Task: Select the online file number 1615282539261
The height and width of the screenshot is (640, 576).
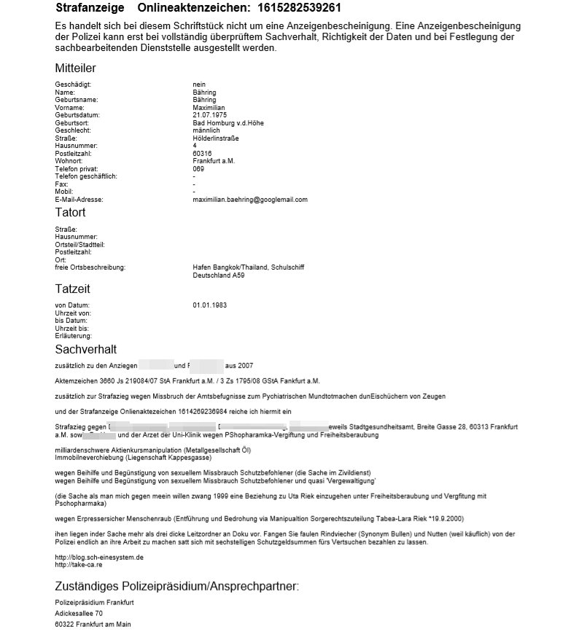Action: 289,8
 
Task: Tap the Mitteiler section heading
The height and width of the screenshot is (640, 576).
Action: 75,68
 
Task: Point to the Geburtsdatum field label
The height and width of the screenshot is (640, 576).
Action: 77,115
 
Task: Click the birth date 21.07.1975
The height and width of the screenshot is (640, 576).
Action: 209,115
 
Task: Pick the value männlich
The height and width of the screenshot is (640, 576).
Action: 206,130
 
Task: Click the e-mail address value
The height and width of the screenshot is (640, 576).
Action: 250,199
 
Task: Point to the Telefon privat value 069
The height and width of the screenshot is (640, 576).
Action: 198,169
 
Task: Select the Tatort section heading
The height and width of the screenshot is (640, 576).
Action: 70,212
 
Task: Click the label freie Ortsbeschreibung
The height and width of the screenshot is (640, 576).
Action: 90,268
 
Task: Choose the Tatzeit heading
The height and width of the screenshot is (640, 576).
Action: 72,289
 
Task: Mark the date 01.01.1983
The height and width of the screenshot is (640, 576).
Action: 209,305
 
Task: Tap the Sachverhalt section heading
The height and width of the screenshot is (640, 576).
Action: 85,350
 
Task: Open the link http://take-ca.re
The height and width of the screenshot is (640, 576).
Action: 78,565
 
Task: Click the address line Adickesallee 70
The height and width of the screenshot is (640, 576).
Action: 79,613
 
